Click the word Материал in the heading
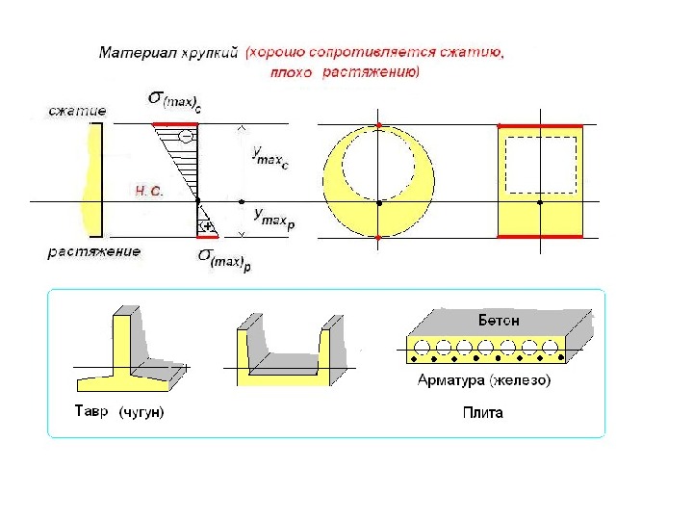tap(134, 55)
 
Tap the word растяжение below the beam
tap(94, 252)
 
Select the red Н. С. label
tap(149, 192)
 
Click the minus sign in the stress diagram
tap(185, 138)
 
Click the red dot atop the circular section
tap(379, 126)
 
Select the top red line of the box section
tap(540, 125)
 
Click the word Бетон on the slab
tap(500, 319)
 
